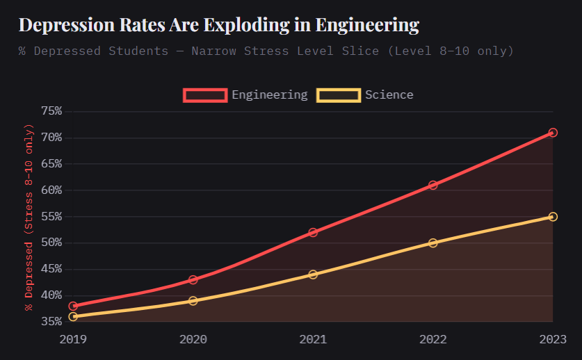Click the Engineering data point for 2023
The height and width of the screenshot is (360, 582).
point(553,133)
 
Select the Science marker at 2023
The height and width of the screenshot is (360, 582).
point(553,217)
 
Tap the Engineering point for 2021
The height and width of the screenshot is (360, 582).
point(313,232)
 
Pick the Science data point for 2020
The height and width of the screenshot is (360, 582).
point(193,301)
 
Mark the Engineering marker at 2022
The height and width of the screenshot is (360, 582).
point(433,185)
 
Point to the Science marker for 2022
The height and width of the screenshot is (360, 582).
point(433,243)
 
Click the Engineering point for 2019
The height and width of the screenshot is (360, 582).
point(73,306)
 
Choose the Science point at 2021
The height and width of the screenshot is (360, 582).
point(313,275)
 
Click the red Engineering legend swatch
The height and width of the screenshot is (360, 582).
point(205,95)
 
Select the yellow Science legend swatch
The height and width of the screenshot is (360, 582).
point(339,95)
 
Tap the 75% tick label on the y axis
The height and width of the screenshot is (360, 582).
point(51,111)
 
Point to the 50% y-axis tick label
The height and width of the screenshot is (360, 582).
point(51,243)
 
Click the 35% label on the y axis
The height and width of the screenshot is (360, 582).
point(51,322)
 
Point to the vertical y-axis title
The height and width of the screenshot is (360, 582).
point(29,216)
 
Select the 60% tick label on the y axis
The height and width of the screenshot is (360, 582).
point(51,190)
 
